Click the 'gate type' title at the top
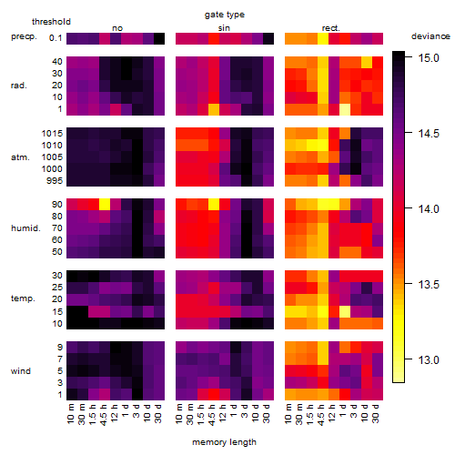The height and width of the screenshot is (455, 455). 225,15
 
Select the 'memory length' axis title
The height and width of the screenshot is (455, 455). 224,442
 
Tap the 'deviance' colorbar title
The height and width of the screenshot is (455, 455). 430,36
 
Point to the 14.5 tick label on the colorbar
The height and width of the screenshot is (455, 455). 429,134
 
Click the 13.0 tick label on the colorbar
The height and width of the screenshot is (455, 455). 429,360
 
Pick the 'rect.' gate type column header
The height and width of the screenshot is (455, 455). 330,28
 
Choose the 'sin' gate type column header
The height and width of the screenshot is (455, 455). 224,28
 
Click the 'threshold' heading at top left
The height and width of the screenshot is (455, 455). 51,22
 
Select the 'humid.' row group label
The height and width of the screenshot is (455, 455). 25,228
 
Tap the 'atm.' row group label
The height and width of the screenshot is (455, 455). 20,157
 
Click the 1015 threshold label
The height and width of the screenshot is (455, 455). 52,134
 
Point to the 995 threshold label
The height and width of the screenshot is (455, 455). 55,181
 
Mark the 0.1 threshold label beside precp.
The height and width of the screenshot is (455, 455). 56,38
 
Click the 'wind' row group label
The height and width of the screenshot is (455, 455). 21,371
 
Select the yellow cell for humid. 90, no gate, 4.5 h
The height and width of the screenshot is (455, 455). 105,205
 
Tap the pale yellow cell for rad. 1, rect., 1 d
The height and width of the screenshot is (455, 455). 345,109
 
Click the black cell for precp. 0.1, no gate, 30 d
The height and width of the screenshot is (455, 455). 159,39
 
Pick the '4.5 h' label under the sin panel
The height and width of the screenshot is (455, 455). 212,414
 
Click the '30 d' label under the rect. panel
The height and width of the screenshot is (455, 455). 376,413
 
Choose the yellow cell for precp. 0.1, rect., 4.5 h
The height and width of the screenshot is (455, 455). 323,39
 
